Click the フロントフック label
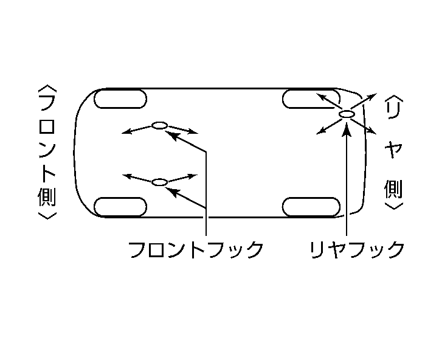(x=196, y=249)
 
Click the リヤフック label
(x=357, y=249)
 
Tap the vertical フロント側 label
(x=47, y=152)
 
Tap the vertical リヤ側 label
(x=393, y=152)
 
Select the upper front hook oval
(x=159, y=125)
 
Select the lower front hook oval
(x=159, y=182)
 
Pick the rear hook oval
(x=347, y=114)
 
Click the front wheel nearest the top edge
(x=120, y=99)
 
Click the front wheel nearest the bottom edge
(x=120, y=207)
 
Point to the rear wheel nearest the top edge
(x=311, y=99)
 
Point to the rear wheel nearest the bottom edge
(x=311, y=207)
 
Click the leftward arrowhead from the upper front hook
(x=126, y=131)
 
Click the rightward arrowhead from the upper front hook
(x=193, y=131)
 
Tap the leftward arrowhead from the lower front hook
(x=128, y=176)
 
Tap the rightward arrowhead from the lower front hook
(x=193, y=176)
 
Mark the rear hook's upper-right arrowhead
(x=372, y=97)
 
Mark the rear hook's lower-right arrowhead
(x=372, y=131)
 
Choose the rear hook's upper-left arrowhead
(x=321, y=97)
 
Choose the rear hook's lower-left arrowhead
(x=321, y=131)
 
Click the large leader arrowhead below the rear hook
(x=347, y=130)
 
